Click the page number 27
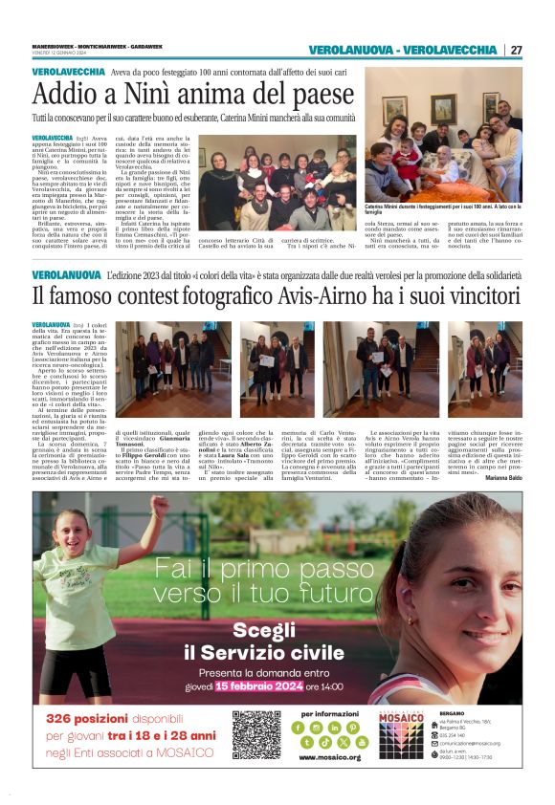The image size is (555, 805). click(x=517, y=50)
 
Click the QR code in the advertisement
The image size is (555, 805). click(x=256, y=734)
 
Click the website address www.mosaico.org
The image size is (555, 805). click(x=329, y=757)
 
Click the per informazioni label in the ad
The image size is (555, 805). click(x=328, y=713)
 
